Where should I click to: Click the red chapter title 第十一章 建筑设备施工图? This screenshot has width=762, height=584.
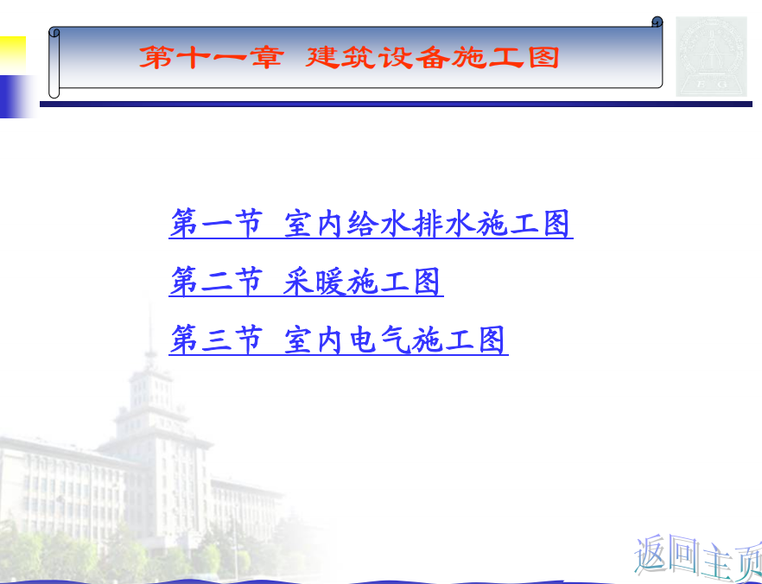click(349, 57)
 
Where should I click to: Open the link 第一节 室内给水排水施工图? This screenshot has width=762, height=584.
click(371, 224)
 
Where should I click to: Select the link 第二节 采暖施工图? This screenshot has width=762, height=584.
click(306, 282)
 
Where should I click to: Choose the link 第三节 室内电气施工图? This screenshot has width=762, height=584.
click(338, 340)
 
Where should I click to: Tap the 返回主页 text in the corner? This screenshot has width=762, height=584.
click(698, 558)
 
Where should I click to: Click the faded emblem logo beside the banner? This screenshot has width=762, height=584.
click(712, 56)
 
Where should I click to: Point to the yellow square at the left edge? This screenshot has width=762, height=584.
click(13, 54)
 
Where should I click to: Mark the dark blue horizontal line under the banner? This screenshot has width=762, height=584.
click(396, 104)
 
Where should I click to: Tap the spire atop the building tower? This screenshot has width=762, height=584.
click(150, 335)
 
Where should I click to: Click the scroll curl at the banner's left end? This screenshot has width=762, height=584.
click(54, 63)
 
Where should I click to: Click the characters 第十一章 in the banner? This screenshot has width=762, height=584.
click(212, 57)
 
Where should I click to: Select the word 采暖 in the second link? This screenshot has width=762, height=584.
click(314, 282)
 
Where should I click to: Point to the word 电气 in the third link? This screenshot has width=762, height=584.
click(380, 340)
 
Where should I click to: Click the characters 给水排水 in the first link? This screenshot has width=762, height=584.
click(411, 224)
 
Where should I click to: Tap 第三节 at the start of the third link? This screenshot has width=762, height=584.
click(216, 340)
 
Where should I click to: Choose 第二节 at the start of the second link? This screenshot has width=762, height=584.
click(216, 282)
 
